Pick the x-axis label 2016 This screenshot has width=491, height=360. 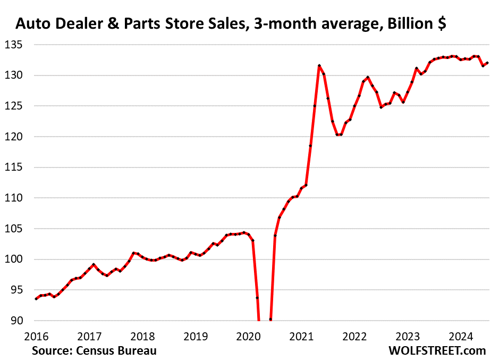click(36, 336)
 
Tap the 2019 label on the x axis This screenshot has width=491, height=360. click(196, 336)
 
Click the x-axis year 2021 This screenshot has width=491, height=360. click(302, 336)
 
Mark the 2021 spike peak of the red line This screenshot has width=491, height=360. click(319, 65)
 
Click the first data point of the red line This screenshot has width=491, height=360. click(36, 299)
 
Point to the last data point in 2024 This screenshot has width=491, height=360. click(487, 63)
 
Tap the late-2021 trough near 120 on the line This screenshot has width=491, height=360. click(338, 135)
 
